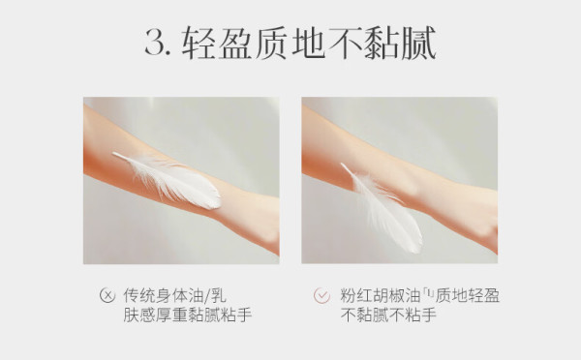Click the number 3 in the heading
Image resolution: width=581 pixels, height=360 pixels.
(x=155, y=42)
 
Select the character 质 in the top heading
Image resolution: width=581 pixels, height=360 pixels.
(x=271, y=43)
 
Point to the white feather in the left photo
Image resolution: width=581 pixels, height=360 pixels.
(x=168, y=180)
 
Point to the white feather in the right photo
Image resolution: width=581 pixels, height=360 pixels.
(x=382, y=208)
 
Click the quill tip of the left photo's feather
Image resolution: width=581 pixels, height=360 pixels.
(x=113, y=153)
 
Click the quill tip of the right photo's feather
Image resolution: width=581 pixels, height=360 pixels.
(x=342, y=165)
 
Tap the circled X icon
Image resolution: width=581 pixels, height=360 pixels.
(x=107, y=295)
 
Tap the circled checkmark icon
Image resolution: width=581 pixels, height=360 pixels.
(x=321, y=295)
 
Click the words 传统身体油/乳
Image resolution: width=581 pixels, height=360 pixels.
(x=175, y=295)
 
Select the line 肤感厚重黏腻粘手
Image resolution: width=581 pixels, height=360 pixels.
(x=188, y=315)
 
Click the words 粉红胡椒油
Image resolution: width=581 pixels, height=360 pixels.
(x=381, y=295)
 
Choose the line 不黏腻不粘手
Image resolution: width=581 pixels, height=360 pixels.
(x=388, y=315)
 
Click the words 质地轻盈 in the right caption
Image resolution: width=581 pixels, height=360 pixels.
(x=468, y=295)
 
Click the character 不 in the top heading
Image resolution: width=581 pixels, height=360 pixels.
(x=346, y=43)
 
